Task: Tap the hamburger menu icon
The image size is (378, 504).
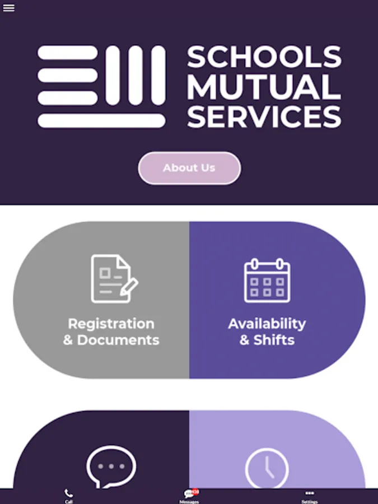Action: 8,8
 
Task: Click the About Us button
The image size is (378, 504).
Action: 189,167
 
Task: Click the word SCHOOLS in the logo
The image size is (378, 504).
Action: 264,57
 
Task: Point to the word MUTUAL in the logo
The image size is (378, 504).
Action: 264,86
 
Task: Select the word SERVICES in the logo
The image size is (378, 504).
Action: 264,116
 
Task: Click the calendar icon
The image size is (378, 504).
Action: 267,281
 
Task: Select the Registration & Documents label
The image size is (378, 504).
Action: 111,332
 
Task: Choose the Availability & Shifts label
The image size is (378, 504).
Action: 267,332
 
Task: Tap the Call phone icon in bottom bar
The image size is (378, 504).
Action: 69,493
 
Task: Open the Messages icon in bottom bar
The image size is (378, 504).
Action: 189,494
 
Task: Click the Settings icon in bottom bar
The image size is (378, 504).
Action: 310,493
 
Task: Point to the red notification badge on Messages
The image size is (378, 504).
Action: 195,491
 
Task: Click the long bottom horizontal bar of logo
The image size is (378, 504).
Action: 101,120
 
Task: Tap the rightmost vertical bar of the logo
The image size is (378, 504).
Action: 158,75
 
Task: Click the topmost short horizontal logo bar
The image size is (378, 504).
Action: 68,53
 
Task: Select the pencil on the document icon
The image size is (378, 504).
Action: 129,286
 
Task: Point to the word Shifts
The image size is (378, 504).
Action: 274,340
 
